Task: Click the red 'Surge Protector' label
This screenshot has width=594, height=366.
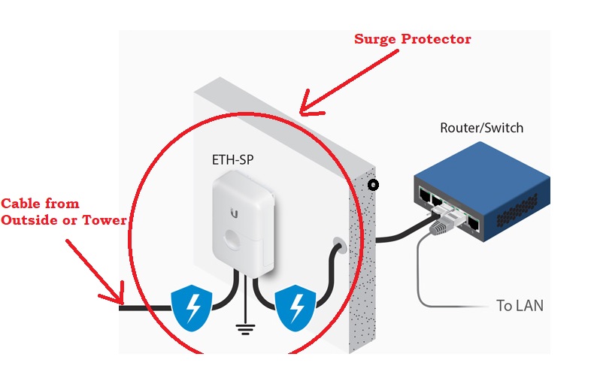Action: pyautogui.click(x=412, y=39)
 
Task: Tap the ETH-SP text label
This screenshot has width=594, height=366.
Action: pyautogui.click(x=232, y=160)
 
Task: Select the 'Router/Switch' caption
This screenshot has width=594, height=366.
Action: pyautogui.click(x=481, y=128)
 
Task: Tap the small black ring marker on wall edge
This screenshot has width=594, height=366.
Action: pyautogui.click(x=373, y=185)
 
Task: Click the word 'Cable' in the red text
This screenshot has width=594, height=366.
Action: pyautogui.click(x=22, y=204)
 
